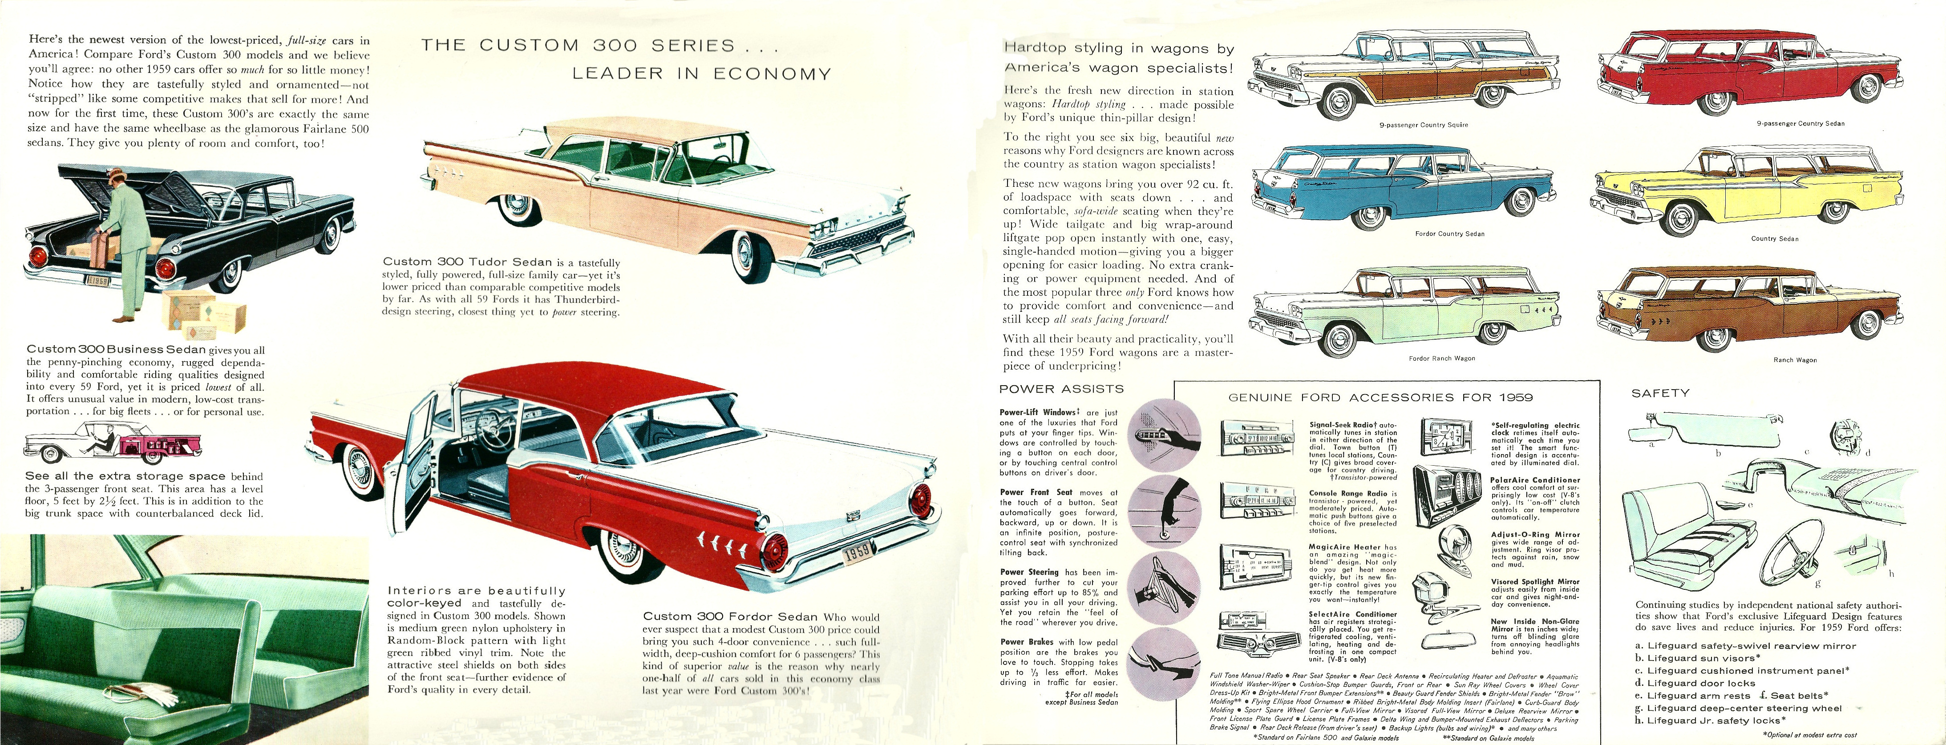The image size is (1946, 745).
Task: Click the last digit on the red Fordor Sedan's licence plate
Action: click(x=869, y=549)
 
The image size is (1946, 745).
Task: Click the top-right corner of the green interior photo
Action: click(x=368, y=535)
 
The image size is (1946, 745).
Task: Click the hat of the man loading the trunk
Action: click(x=114, y=176)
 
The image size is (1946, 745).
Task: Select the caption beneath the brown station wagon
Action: click(x=1795, y=360)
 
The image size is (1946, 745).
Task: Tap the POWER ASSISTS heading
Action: click(x=1061, y=389)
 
